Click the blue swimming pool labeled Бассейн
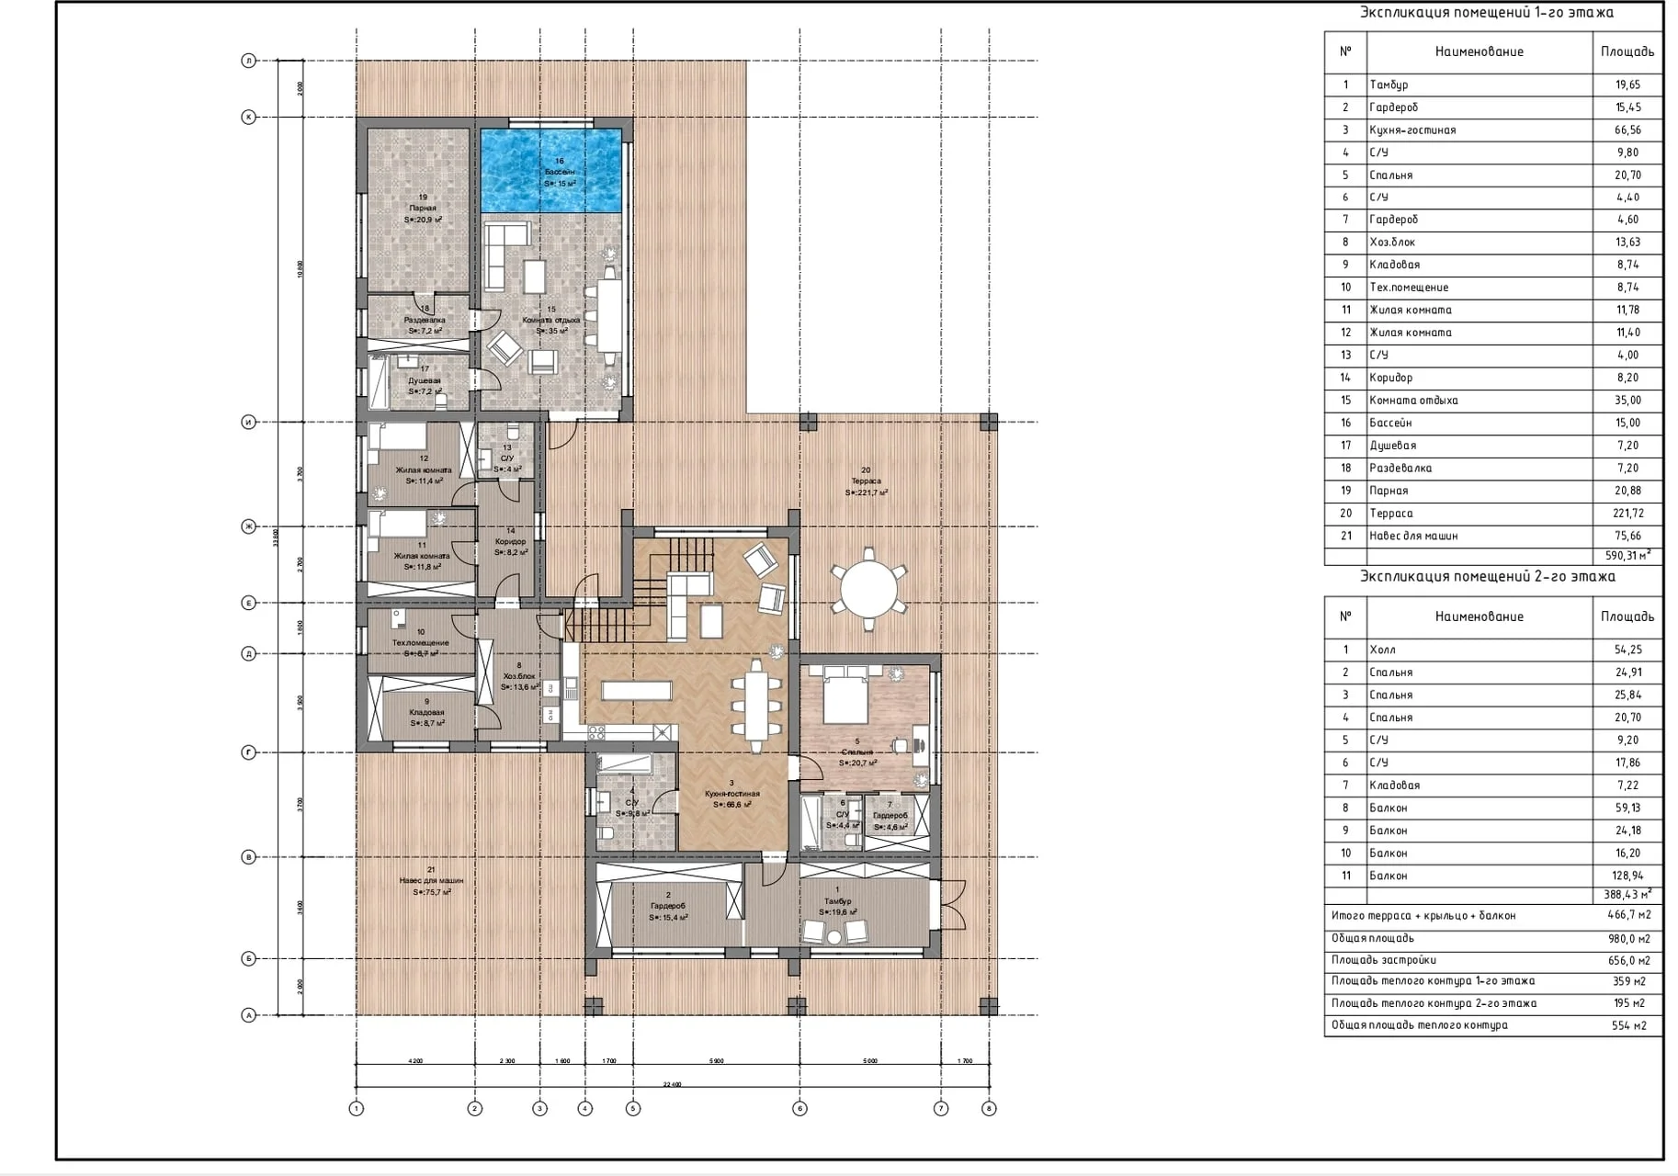click(x=551, y=171)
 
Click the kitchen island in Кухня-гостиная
click(x=637, y=690)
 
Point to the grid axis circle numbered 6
click(x=799, y=1108)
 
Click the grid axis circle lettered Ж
click(x=248, y=526)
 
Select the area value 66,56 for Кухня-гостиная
click(x=1627, y=130)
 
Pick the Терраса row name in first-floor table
click(x=1390, y=514)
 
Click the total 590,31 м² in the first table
click(x=1627, y=555)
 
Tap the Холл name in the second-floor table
click(x=1382, y=650)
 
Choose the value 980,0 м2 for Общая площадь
click(x=1630, y=938)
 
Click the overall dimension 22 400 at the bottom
click(x=672, y=1085)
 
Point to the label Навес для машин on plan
click(x=431, y=880)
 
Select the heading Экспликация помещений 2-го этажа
click(x=1487, y=577)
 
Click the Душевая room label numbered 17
click(x=424, y=379)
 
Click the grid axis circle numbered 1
click(x=357, y=1108)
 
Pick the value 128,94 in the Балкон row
click(x=1627, y=876)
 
